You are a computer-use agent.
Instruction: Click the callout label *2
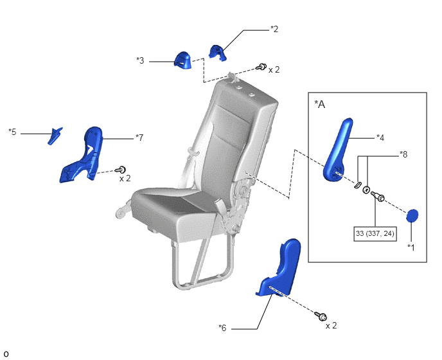274,29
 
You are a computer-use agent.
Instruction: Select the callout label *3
140,60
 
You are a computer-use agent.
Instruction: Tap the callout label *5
12,132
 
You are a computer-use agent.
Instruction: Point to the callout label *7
139,138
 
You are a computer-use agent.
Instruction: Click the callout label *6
222,328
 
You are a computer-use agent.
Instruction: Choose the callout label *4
380,138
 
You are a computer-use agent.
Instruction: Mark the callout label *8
403,154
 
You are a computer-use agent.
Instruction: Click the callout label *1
411,248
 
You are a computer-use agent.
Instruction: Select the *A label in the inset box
320,104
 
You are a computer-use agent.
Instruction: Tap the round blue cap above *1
412,216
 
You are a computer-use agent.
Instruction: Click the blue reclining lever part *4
338,150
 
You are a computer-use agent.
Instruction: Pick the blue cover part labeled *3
182,60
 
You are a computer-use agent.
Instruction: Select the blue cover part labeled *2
217,53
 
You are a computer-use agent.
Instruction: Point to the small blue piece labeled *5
55,136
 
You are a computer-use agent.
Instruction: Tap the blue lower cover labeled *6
279,267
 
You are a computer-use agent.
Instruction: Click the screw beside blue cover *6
321,316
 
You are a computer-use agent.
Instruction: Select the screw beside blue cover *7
120,170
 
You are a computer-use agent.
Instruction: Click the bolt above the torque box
378,196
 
